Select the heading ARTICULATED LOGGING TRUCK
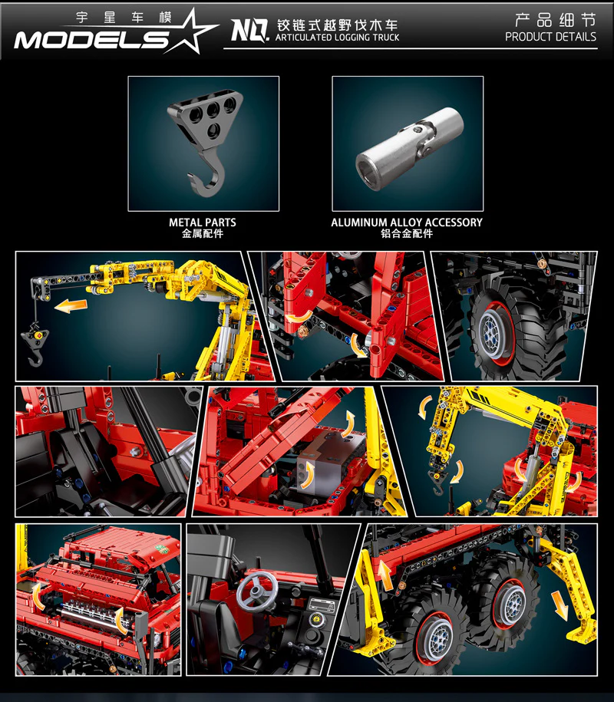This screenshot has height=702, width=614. (x=337, y=38)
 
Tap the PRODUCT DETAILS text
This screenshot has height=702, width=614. (x=550, y=37)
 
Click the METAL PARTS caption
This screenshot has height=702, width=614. (x=203, y=222)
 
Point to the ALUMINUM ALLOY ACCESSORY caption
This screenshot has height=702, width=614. (x=407, y=222)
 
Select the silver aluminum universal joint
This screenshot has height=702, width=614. (x=409, y=148)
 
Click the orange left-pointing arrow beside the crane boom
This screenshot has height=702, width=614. (x=71, y=306)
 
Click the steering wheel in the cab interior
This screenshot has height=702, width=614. (x=256, y=591)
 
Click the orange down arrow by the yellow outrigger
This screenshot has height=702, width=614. (x=560, y=605)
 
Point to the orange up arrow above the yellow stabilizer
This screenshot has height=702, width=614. (x=385, y=575)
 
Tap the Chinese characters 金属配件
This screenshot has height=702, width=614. (x=203, y=233)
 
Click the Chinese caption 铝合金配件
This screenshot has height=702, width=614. (x=407, y=233)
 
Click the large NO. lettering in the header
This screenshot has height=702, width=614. (x=250, y=31)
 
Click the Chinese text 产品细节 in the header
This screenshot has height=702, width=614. (x=556, y=20)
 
